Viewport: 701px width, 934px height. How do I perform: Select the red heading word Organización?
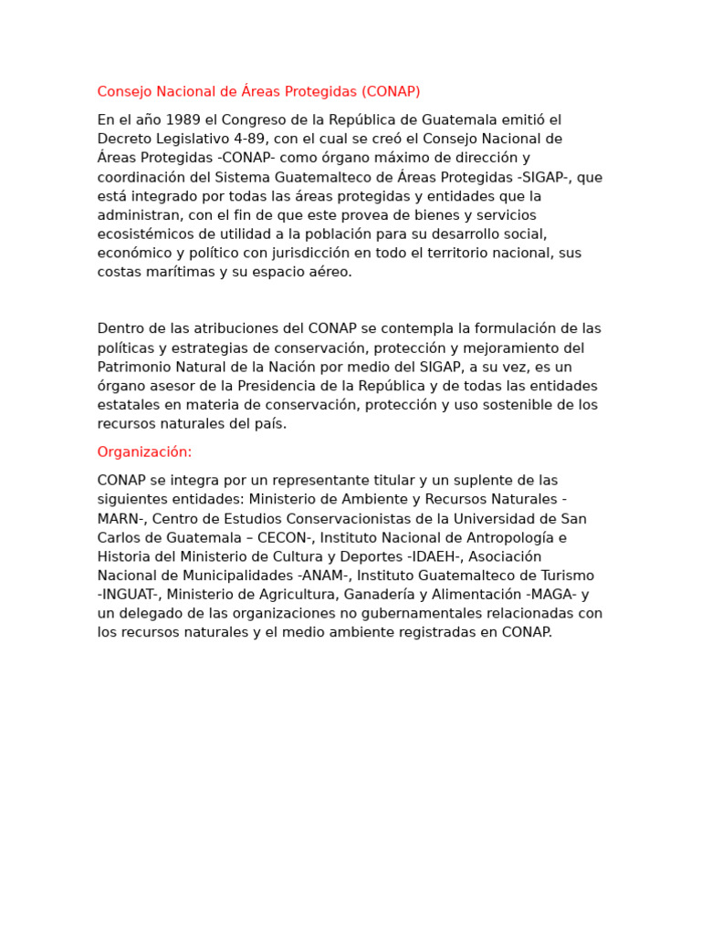(145, 452)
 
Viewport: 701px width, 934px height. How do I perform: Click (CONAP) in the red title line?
(391, 91)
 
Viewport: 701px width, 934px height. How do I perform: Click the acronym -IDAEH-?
(427, 556)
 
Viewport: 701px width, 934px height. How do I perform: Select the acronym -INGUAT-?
(129, 595)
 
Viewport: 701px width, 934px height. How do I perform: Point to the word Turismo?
(565, 576)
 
